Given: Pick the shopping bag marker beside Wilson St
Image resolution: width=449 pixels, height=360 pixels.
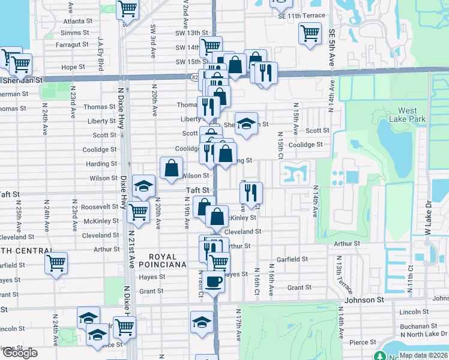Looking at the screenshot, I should (171, 169).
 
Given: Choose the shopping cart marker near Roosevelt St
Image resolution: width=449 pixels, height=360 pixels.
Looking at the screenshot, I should (139, 212).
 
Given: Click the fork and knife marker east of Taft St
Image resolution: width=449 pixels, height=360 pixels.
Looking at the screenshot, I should (251, 193).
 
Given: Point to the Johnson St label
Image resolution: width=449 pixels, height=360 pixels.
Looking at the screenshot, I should (363, 299).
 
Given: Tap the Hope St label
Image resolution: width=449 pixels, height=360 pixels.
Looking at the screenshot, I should (73, 67).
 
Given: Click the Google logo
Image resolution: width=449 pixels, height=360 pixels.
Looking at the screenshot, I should (19, 353).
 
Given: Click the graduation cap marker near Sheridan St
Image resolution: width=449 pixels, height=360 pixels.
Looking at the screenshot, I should (246, 124).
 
